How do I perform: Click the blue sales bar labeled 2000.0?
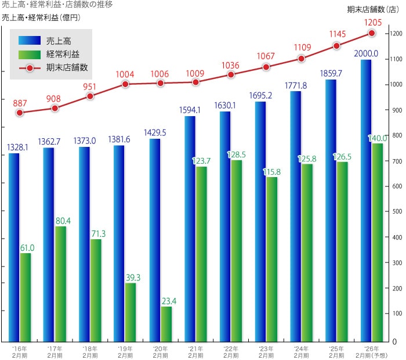pyautogui.click(x=365, y=200)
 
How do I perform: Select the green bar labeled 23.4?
pyautogui.click(x=166, y=324)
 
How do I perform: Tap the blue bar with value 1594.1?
pyautogui.click(x=190, y=229)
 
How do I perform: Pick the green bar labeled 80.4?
pyautogui.click(x=60, y=284)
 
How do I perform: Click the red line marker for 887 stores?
pyautogui.click(x=20, y=113)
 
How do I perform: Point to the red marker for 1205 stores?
pyautogui.click(x=372, y=33)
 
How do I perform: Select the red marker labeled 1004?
pyautogui.click(x=125, y=84)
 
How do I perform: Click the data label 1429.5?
pyautogui.click(x=154, y=133)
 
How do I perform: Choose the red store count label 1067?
pyautogui.click(x=266, y=56)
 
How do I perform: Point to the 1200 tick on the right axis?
pyautogui.click(x=397, y=34)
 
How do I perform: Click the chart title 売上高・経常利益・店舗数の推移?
pyautogui.click(x=57, y=5)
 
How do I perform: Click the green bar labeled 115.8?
pyautogui.click(x=272, y=259)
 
